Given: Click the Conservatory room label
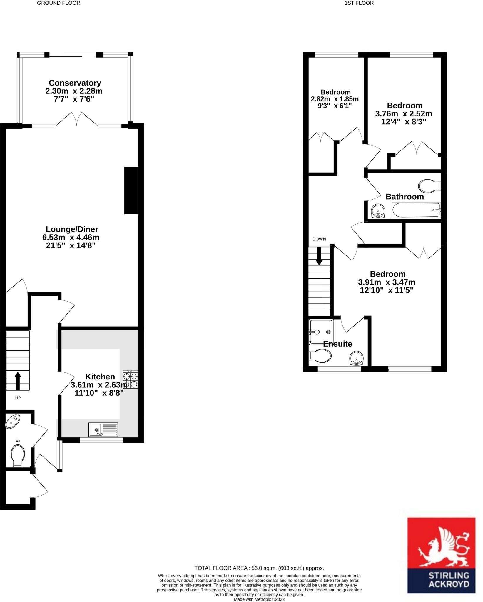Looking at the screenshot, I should [x=75, y=83].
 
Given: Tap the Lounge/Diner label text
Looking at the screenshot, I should [x=72, y=229].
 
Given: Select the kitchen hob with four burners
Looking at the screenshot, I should [x=130, y=380].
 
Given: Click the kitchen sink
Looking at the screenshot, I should [x=103, y=429].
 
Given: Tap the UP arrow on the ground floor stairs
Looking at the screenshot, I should [x=18, y=381].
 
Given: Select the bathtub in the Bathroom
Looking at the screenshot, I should [x=416, y=210].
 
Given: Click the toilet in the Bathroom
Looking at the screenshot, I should [x=429, y=186].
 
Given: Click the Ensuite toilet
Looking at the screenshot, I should [x=320, y=356].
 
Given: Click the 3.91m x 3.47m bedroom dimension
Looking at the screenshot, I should [x=387, y=282].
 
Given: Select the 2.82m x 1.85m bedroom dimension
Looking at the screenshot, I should [x=335, y=99].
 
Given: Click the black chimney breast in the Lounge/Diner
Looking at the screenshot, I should [x=131, y=190].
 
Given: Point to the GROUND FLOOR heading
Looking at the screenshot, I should [x=59, y=3].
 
